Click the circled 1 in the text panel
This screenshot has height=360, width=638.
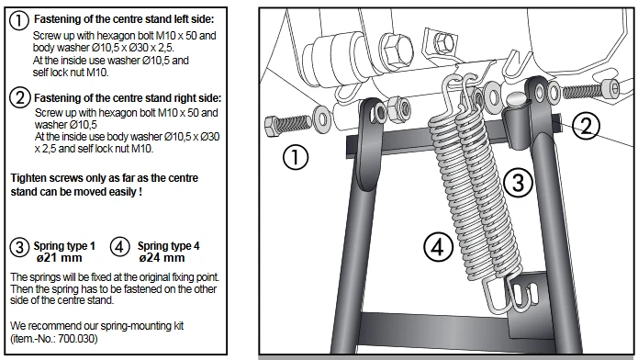18,20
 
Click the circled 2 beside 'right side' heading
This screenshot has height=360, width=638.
19,97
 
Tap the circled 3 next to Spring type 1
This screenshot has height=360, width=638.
19,247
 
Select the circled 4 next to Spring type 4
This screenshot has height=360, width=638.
119,247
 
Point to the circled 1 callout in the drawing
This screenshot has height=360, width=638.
296,158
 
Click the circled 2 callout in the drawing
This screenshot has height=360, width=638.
586,126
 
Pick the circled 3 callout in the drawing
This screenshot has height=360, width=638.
518,182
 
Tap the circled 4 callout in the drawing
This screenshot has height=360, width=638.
438,247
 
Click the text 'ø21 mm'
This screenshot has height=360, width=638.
59,258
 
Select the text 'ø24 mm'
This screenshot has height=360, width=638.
162,258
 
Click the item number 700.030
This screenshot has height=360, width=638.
77,338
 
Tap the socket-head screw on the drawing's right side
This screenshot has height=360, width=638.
591,90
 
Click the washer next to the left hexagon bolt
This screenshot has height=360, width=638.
321,118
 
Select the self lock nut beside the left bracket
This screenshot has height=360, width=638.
398,109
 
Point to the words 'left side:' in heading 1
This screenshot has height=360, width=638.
194,19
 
